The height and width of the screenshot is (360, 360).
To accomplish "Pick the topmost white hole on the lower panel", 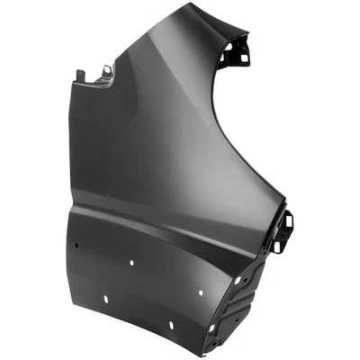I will coord(132,263).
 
